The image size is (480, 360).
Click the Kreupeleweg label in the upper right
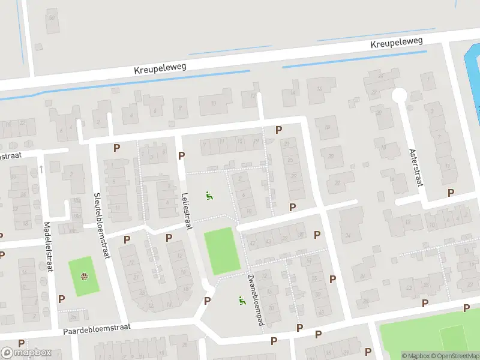click(x=397, y=43)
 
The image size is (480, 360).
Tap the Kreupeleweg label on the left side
click(x=160, y=70)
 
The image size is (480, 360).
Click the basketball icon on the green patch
click(x=85, y=277)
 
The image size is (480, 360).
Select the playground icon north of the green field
click(x=209, y=195)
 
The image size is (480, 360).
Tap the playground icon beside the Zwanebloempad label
click(x=242, y=301)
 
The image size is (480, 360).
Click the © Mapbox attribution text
click(x=416, y=356)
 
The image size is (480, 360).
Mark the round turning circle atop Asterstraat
click(x=399, y=95)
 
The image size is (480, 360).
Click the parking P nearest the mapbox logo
click(x=22, y=343)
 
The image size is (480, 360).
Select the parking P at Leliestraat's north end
click(x=181, y=156)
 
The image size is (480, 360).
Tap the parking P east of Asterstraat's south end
click(x=451, y=193)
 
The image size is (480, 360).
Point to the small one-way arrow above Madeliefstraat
click(x=41, y=170)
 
